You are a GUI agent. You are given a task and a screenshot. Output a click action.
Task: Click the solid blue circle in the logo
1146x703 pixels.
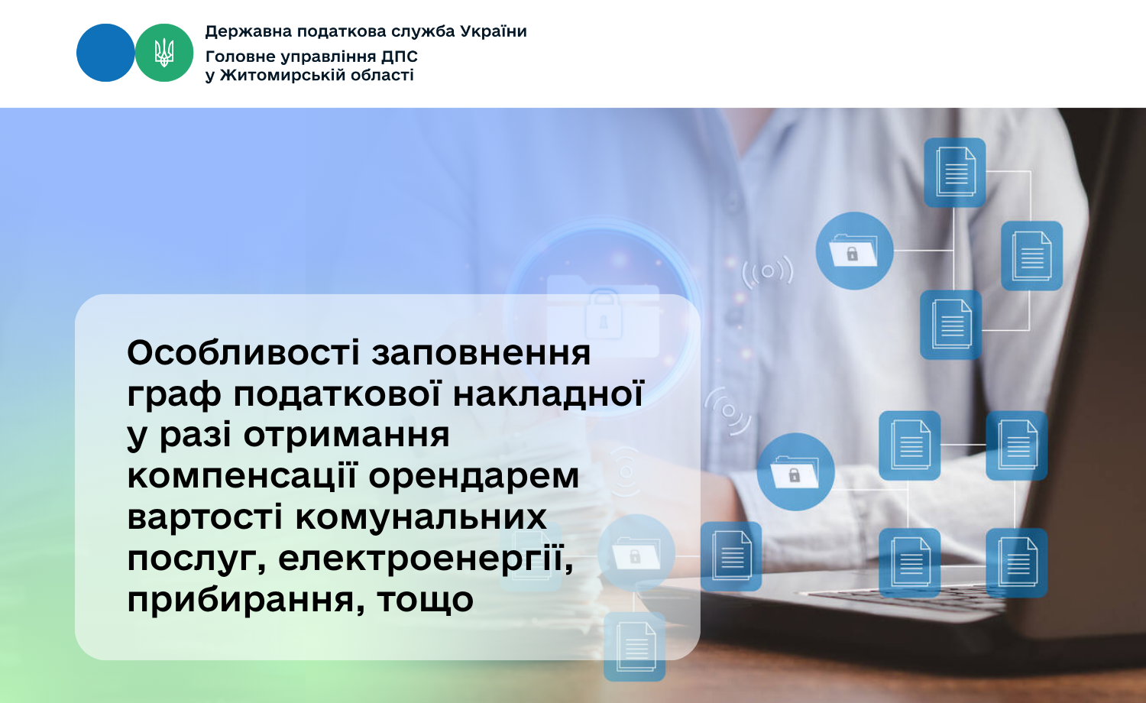[105, 53]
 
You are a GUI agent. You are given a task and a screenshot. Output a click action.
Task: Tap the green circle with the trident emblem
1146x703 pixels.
[164, 53]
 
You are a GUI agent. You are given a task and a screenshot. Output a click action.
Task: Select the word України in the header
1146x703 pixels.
[494, 31]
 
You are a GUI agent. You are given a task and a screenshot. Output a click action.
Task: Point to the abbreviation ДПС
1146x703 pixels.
[399, 57]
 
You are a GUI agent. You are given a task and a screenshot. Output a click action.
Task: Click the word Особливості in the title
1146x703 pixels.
[244, 353]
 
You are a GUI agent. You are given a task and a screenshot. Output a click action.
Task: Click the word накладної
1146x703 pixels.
[548, 394]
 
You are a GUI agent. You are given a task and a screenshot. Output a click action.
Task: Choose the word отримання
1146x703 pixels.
[346, 436]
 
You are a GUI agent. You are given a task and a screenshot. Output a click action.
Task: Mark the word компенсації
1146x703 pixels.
[241, 477]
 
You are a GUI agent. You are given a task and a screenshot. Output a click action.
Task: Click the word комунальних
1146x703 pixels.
[421, 517]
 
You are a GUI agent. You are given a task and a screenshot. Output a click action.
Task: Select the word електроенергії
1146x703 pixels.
[426, 559]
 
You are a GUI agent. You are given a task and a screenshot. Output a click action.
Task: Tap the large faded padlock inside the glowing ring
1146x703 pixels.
[604, 313]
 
